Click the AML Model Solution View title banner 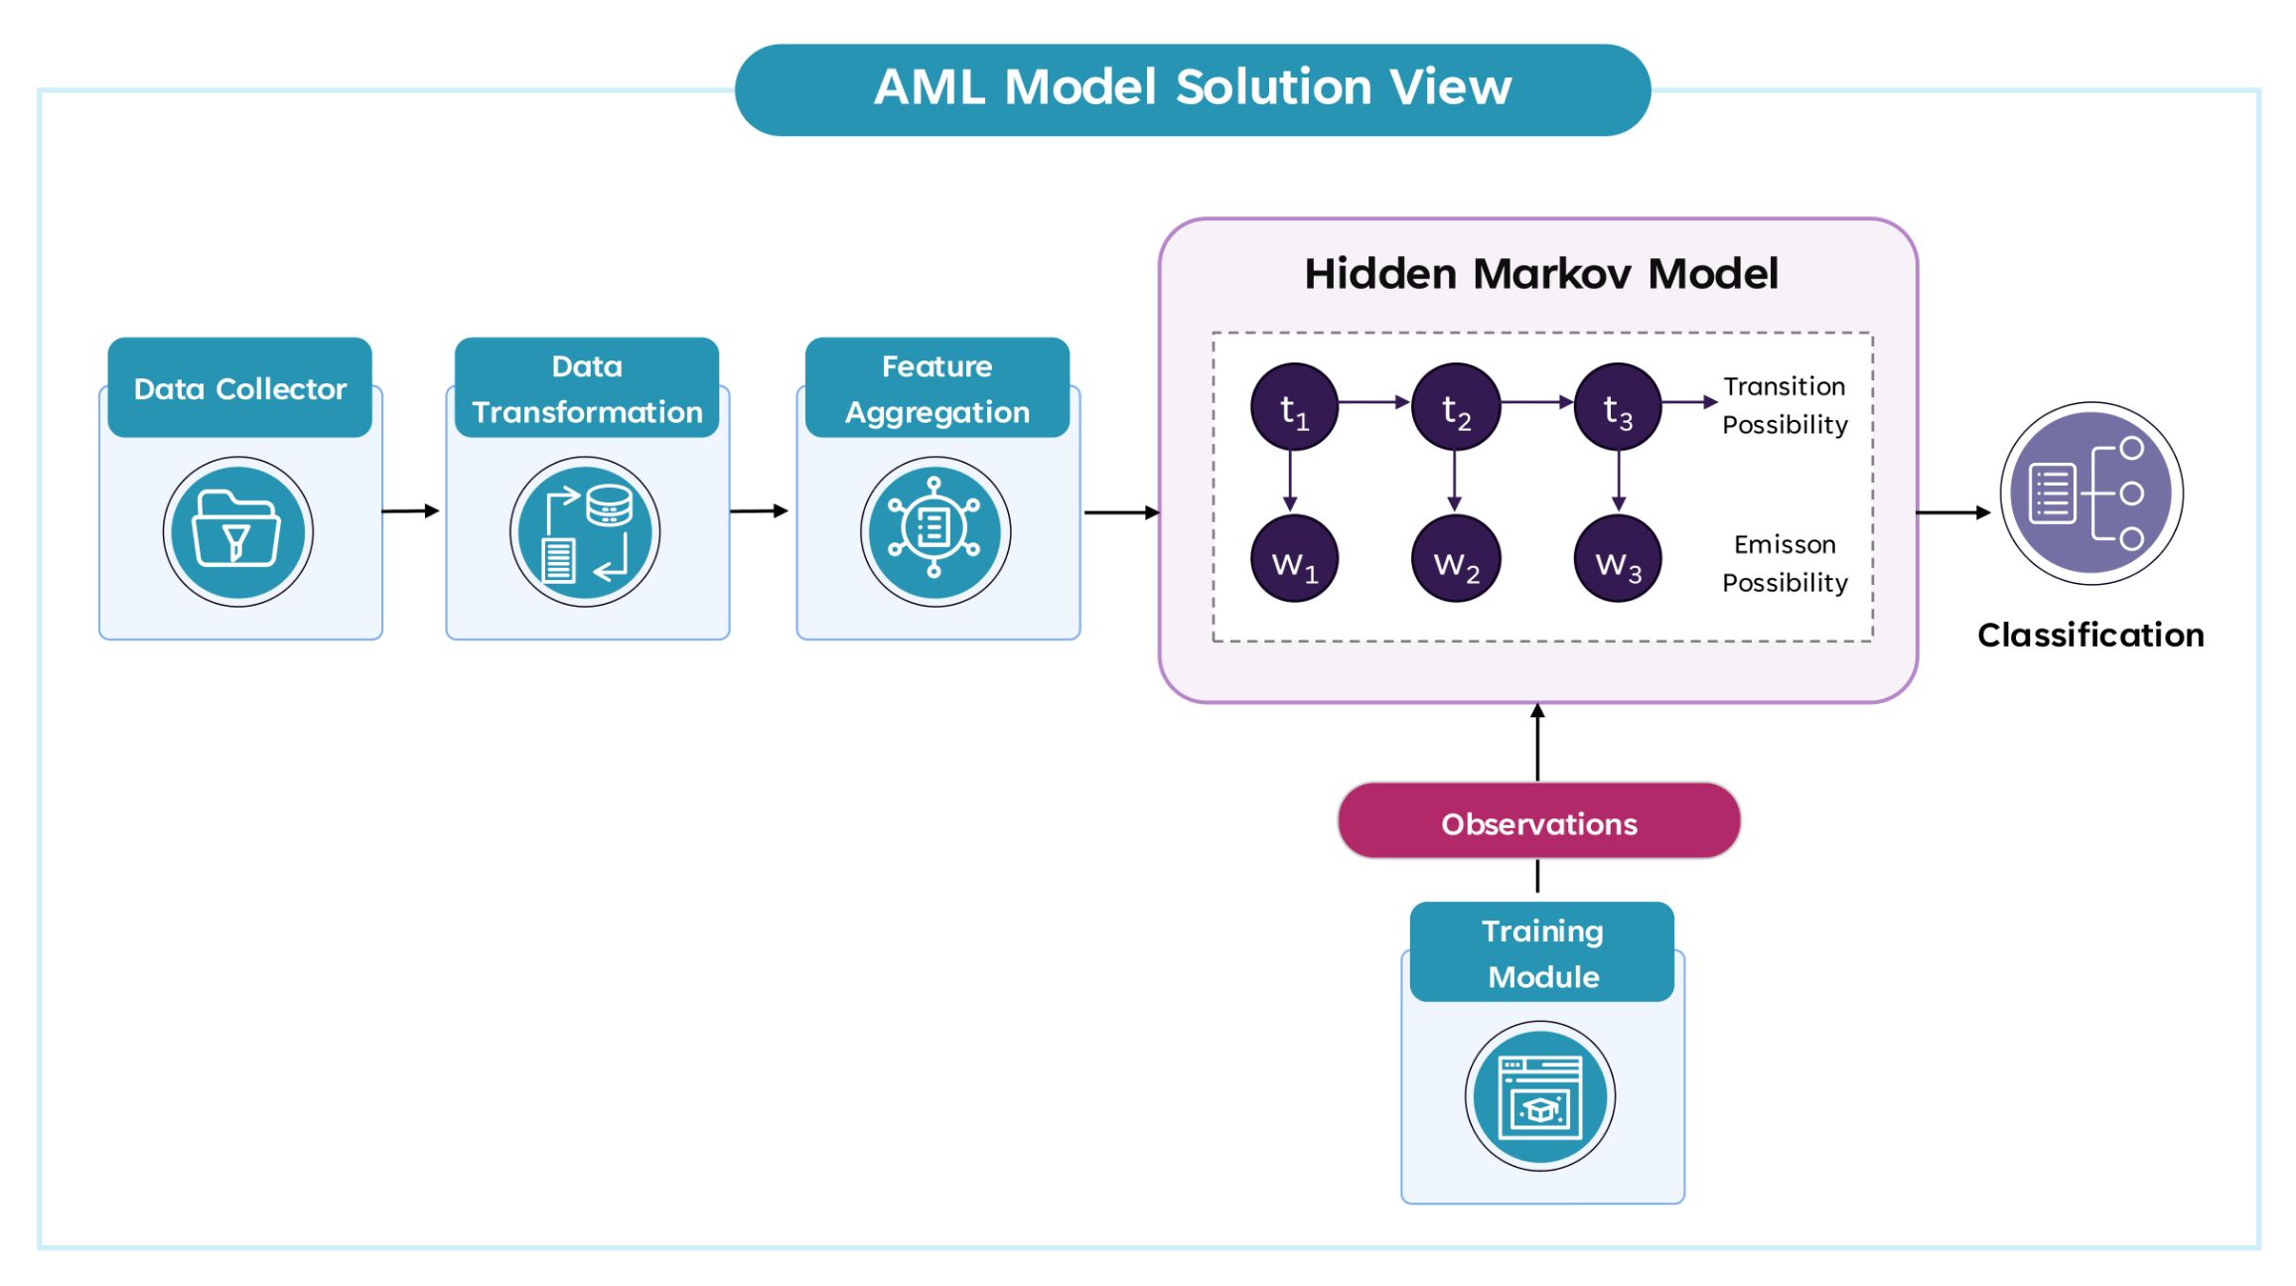click(x=1192, y=88)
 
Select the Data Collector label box click(x=239, y=387)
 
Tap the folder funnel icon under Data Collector click(x=237, y=531)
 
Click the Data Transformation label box click(x=586, y=387)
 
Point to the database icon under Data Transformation click(x=585, y=531)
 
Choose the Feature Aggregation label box click(x=936, y=387)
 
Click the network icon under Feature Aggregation click(x=934, y=531)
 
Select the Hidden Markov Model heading click(x=1540, y=273)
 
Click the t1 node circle click(x=1294, y=407)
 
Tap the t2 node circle click(x=1456, y=407)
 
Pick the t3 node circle click(x=1618, y=407)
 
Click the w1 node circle click(x=1294, y=559)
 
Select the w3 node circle click(x=1618, y=559)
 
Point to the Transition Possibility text click(x=1785, y=405)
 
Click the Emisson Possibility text click(x=1785, y=563)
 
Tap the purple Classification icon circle click(x=2090, y=494)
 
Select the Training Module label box click(x=1541, y=952)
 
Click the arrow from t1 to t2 click(x=1373, y=402)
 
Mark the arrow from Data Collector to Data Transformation click(x=410, y=511)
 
